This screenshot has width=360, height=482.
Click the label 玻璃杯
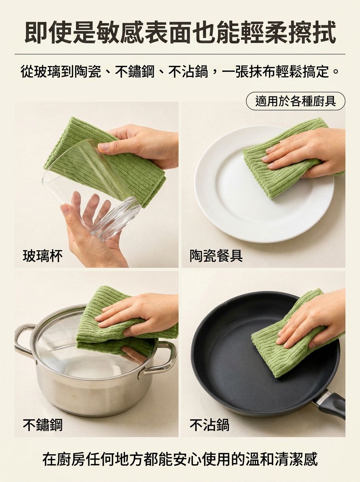pos(43,256)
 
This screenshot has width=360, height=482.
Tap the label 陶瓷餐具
pos(216,256)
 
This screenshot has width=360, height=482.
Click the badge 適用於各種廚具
pos(295,101)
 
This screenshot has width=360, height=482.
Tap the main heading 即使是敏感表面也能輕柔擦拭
pos(180,32)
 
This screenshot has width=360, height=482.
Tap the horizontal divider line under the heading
pos(180,54)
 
